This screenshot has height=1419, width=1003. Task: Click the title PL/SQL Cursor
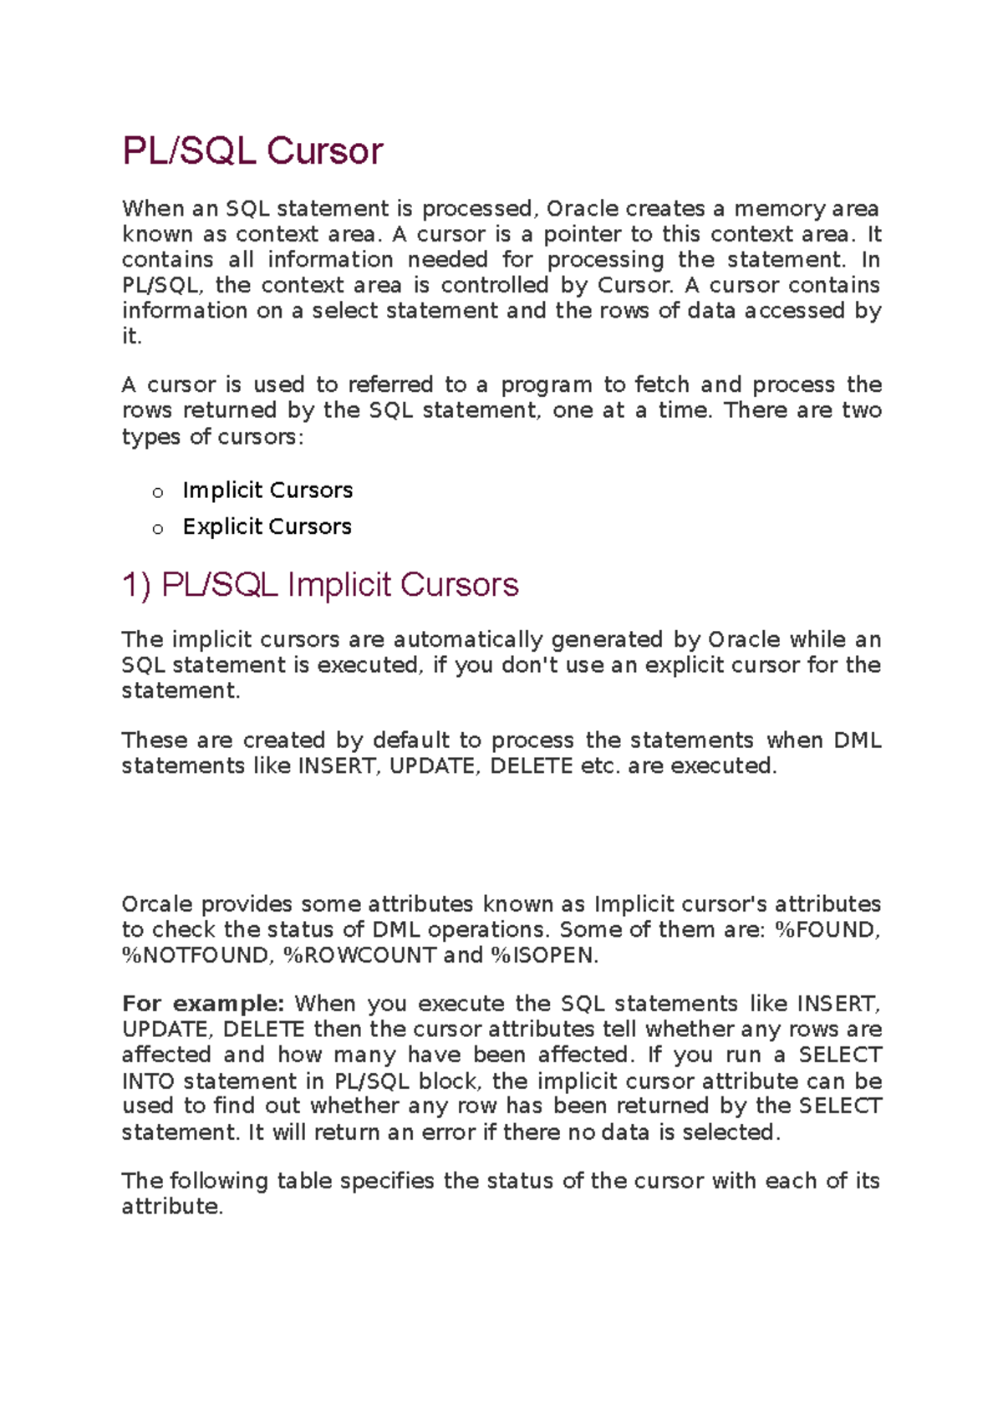[x=252, y=151]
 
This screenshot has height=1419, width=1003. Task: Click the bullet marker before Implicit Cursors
[x=158, y=493]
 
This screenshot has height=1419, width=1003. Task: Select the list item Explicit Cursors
[x=267, y=526]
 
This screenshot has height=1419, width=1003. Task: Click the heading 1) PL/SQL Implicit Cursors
[x=320, y=585]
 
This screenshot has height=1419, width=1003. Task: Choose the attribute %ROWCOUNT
[x=360, y=955]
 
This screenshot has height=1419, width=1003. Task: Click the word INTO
[x=147, y=1081]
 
